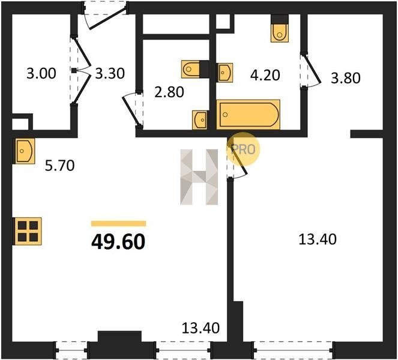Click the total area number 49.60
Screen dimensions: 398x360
point(118,242)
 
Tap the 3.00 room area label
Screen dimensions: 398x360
point(41,74)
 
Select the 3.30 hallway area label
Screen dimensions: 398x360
point(110,74)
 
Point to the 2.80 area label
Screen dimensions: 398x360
point(169,92)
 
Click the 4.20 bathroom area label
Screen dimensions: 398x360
point(265,76)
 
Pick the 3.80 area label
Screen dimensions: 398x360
point(346,78)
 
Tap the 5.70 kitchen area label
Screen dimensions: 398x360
point(59,166)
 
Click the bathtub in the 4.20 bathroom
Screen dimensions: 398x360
point(248,115)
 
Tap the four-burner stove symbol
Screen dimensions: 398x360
point(27,231)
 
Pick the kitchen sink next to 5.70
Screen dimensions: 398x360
point(25,151)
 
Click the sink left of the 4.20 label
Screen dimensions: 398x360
point(225,73)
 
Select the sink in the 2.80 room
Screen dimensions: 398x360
point(200,120)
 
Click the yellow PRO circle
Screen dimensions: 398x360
point(243,149)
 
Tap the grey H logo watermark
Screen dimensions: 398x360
point(199,177)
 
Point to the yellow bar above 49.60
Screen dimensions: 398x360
point(118,223)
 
